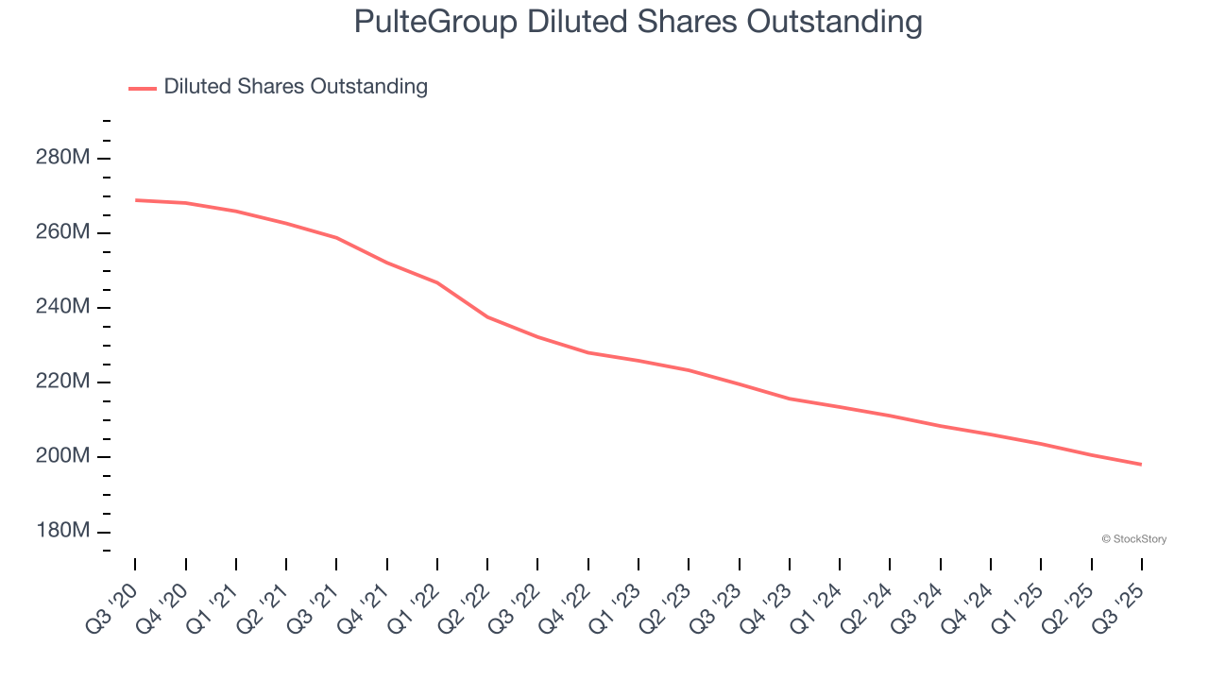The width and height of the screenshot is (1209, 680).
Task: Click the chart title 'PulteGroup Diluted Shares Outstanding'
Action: (x=638, y=22)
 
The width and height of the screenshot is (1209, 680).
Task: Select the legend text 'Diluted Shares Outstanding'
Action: (x=296, y=87)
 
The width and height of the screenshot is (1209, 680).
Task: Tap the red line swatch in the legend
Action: (x=143, y=88)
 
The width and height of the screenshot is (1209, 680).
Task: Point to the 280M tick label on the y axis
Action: (x=62, y=158)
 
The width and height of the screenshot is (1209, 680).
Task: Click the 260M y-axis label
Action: (x=62, y=232)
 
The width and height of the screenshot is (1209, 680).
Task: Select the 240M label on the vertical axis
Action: (x=62, y=307)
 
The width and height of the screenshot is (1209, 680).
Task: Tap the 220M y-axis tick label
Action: (x=62, y=382)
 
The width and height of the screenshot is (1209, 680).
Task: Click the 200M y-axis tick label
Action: (x=62, y=456)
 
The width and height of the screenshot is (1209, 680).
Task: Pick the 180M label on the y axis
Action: (x=62, y=531)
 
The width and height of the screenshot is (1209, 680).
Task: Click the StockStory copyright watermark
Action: (x=1133, y=539)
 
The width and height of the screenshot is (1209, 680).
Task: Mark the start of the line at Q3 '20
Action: (x=135, y=200)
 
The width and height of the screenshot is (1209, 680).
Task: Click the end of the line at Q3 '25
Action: (x=1142, y=465)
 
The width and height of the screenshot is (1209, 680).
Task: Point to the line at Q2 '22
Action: (x=487, y=316)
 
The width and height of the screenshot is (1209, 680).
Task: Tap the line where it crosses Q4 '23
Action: (x=790, y=399)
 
